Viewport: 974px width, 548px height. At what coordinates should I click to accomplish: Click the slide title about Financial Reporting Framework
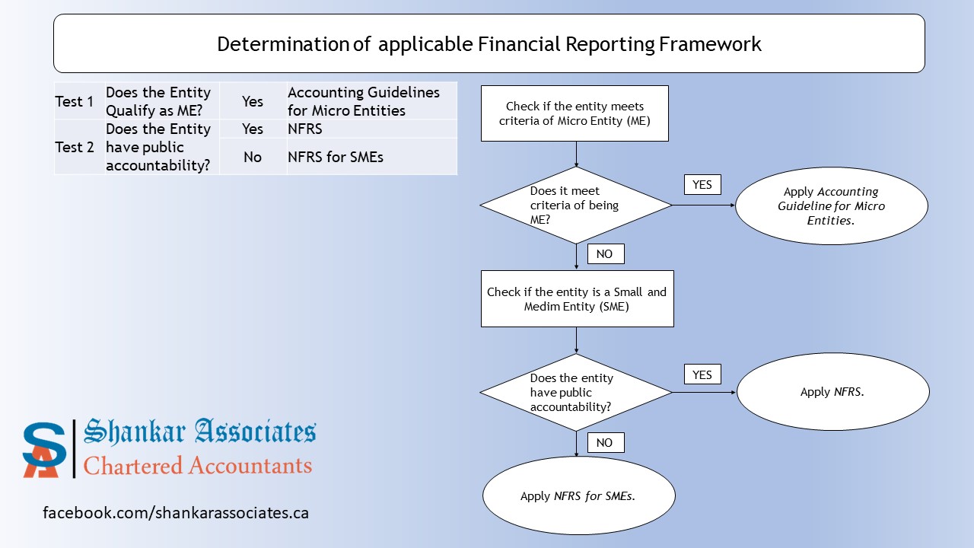click(489, 44)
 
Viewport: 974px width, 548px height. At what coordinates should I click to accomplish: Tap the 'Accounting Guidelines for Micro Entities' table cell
click(371, 101)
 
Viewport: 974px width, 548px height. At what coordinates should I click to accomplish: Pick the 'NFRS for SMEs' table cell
click(371, 157)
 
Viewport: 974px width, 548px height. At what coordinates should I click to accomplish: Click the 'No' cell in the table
click(253, 157)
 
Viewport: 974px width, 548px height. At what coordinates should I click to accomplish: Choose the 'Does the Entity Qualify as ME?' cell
click(161, 101)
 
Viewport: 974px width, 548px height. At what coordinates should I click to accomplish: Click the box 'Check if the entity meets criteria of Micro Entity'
click(575, 113)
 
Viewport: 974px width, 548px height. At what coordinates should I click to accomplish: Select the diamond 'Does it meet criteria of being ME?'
click(575, 205)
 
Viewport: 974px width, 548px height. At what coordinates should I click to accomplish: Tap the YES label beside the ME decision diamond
click(702, 184)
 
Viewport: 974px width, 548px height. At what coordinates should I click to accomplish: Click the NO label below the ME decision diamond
click(605, 253)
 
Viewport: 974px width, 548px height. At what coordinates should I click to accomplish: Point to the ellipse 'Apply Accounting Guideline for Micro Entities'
click(831, 205)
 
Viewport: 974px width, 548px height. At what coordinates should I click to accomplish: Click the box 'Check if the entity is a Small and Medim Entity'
click(577, 298)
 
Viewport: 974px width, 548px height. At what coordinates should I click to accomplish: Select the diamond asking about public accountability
click(575, 393)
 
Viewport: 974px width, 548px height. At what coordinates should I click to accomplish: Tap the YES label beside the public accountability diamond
click(702, 374)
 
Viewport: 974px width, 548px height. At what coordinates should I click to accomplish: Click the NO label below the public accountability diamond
click(605, 442)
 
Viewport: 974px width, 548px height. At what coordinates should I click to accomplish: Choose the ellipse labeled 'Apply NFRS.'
click(832, 392)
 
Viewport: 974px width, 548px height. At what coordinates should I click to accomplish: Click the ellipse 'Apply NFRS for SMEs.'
click(578, 495)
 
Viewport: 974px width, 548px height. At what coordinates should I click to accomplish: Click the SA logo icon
click(45, 449)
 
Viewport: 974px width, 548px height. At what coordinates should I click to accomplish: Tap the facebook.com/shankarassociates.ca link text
click(176, 512)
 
